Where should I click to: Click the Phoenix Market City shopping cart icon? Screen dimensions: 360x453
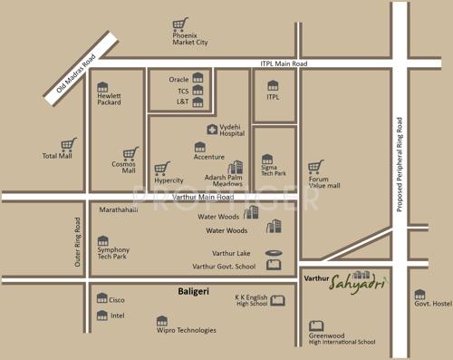tap(179, 24)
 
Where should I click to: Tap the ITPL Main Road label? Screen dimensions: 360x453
tap(284, 63)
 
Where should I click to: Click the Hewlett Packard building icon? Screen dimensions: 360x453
tap(102, 86)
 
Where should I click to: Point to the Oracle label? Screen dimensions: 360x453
tap(179, 79)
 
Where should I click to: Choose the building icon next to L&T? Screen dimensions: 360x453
tap(198, 102)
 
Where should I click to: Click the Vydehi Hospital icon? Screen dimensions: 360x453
tap(212, 129)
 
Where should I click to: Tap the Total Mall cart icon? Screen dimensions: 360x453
tap(68, 144)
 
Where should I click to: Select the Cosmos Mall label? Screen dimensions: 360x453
tap(123, 167)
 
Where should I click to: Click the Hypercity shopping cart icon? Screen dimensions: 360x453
tap(162, 169)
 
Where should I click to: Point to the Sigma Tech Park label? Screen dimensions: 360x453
tap(274, 170)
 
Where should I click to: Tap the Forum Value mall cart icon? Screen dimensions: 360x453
tap(315, 168)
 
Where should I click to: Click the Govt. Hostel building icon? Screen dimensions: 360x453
tap(420, 295)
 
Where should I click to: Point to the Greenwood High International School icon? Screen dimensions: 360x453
tap(314, 325)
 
